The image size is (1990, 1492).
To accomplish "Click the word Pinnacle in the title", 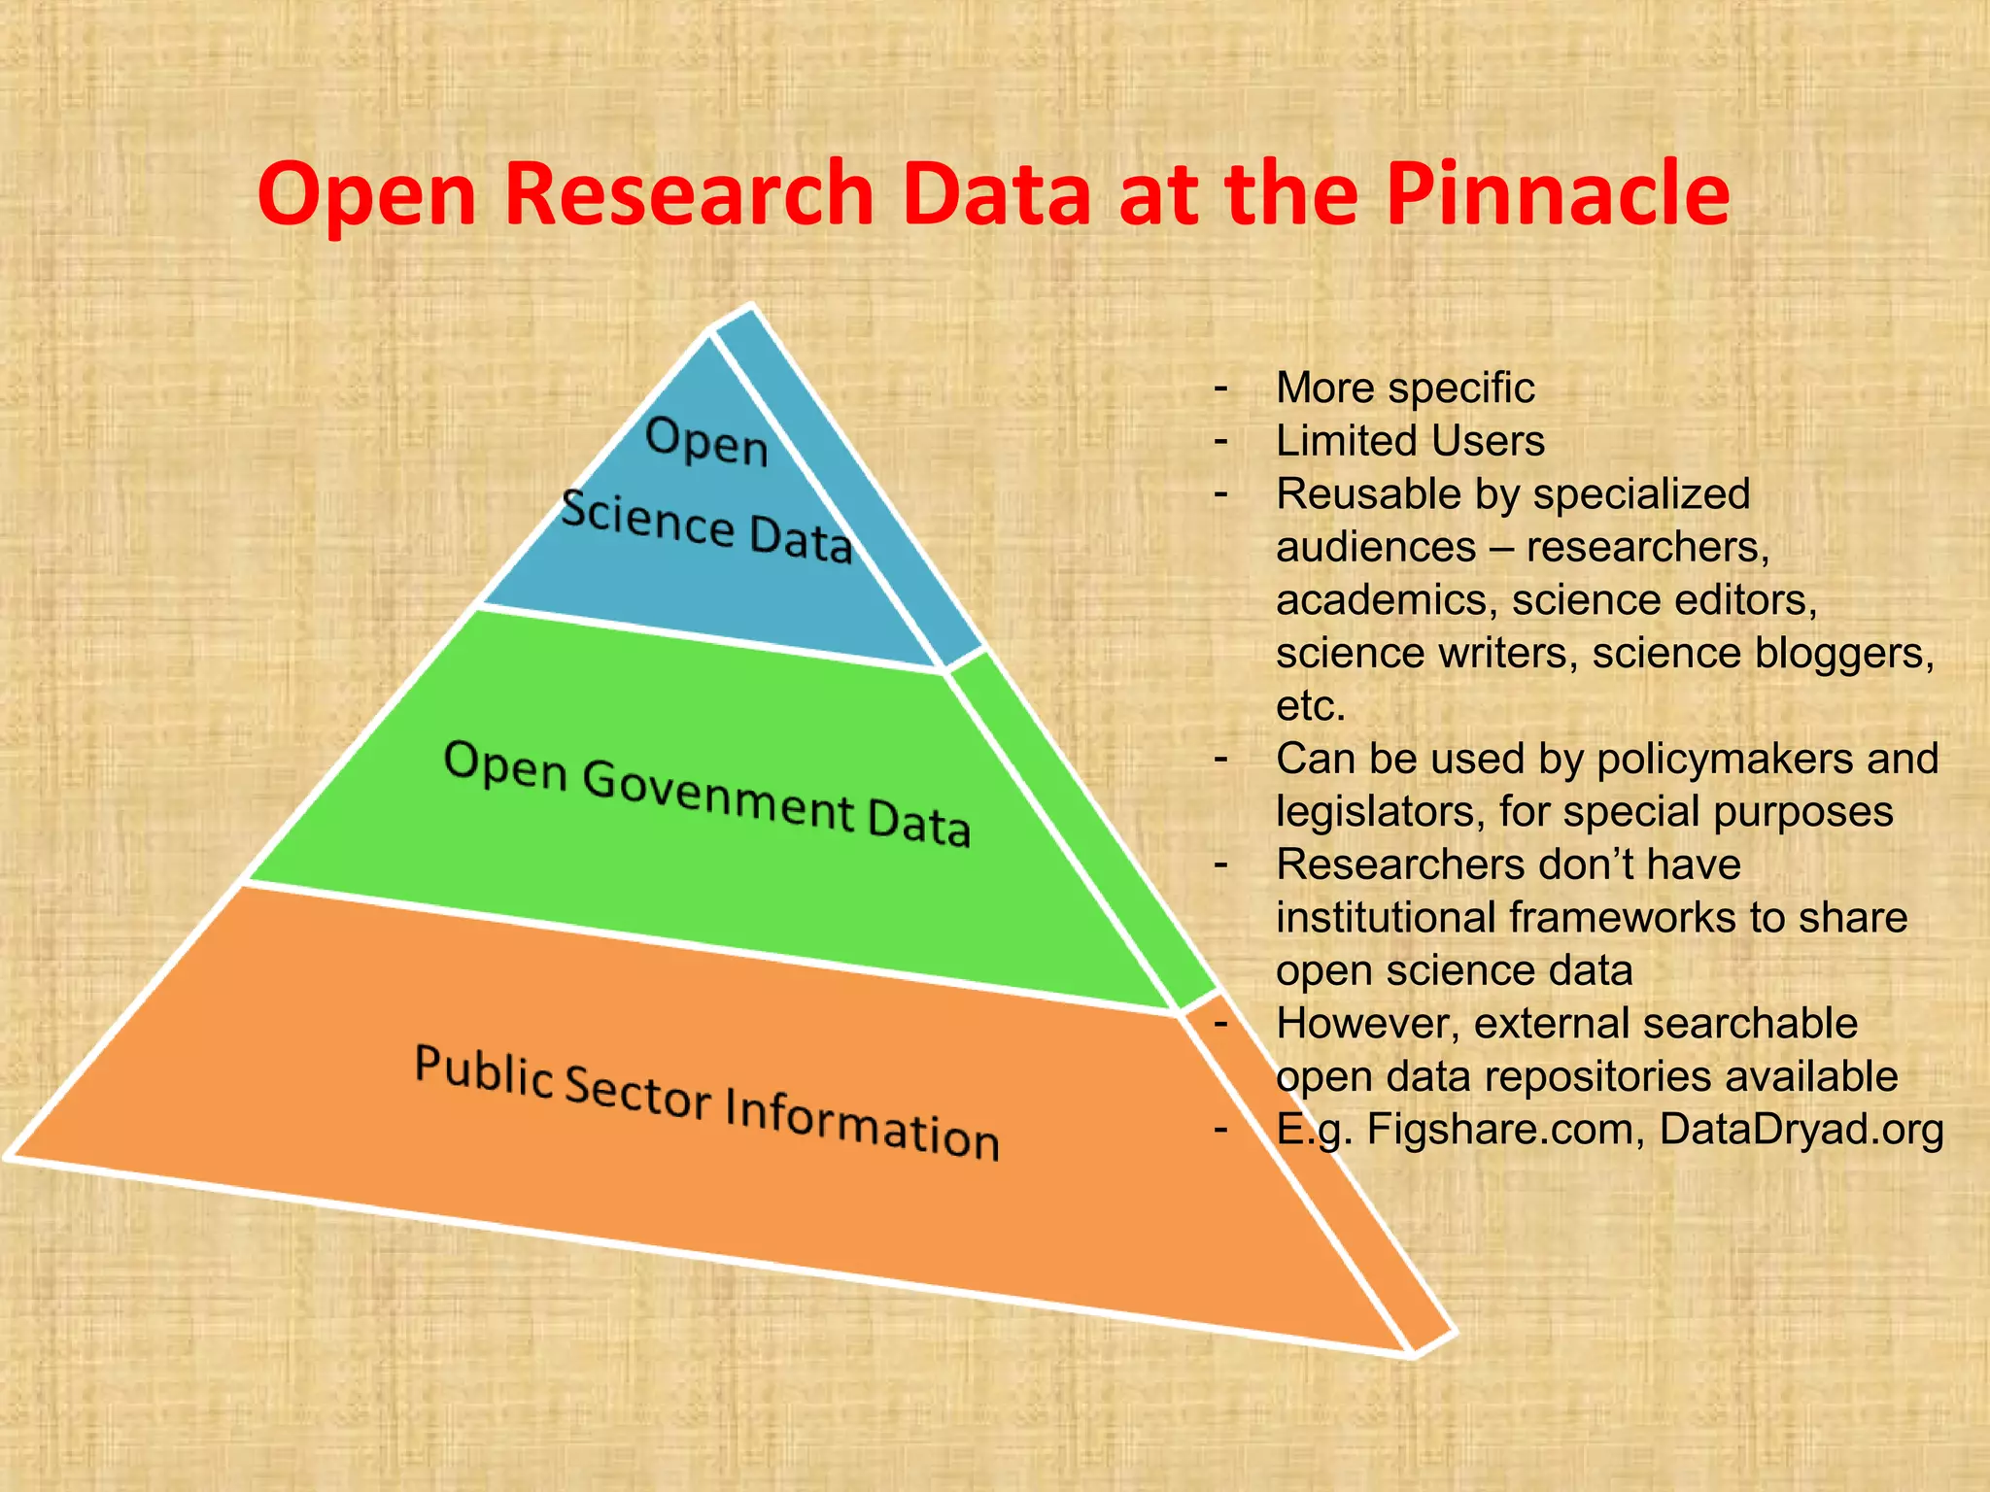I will tap(1558, 194).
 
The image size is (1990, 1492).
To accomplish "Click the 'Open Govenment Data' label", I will tap(706, 793).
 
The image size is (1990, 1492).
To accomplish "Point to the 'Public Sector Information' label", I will tap(706, 1102).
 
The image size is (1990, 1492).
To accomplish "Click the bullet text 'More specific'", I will tap(1404, 388).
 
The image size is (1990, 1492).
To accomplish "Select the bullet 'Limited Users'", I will tap(1409, 441).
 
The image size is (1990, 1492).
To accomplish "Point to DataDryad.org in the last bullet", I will tap(1801, 1130).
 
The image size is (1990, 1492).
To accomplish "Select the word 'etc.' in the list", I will tap(1311, 706).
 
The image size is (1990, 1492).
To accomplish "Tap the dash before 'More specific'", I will tap(1220, 388).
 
